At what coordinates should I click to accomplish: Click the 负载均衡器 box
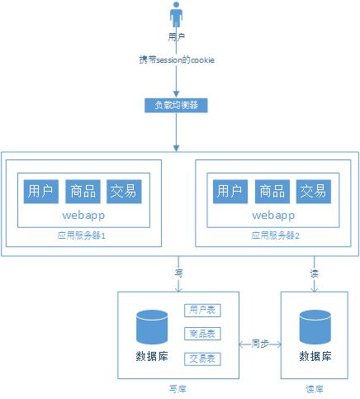[x=176, y=105]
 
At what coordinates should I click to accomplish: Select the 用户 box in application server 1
[x=40, y=192]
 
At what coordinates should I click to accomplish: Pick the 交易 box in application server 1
[x=124, y=192]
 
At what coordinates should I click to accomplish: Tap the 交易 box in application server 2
[x=313, y=192]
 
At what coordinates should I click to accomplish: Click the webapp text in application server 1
[x=82, y=215]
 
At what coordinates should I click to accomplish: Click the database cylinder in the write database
[x=152, y=327]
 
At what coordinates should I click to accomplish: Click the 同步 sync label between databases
[x=260, y=342]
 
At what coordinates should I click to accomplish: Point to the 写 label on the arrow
[x=178, y=272]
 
